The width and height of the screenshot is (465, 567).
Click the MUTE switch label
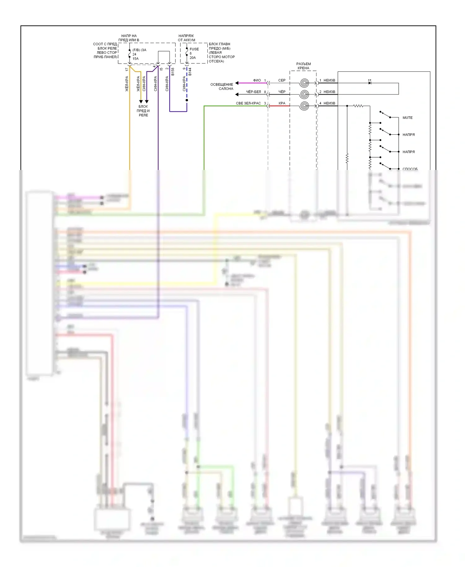407,118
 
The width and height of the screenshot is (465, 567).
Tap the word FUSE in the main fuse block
194,49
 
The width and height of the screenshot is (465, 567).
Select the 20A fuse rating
193,58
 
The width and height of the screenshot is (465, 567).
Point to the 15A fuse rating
135,59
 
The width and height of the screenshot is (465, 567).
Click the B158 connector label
173,72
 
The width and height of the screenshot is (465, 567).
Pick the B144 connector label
190,72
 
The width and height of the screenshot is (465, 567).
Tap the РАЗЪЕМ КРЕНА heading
303,66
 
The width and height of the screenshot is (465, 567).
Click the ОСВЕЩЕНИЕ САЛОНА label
222,87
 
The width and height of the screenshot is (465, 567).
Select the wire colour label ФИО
257,80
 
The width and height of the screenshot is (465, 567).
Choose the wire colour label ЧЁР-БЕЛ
254,92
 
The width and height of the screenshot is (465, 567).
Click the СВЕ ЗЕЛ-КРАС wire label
248,103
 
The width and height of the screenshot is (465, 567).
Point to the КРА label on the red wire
282,103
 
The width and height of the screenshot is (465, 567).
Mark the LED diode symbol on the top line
370,83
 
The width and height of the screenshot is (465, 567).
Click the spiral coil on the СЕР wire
304,83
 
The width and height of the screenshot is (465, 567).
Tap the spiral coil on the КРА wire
304,106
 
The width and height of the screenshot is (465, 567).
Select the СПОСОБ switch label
410,169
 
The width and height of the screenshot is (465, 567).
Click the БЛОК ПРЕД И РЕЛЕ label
143,111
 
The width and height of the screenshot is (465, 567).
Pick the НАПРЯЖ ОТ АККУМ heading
186,38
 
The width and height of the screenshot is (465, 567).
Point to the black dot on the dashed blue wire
187,100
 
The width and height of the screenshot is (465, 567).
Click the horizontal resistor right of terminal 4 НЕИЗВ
358,106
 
